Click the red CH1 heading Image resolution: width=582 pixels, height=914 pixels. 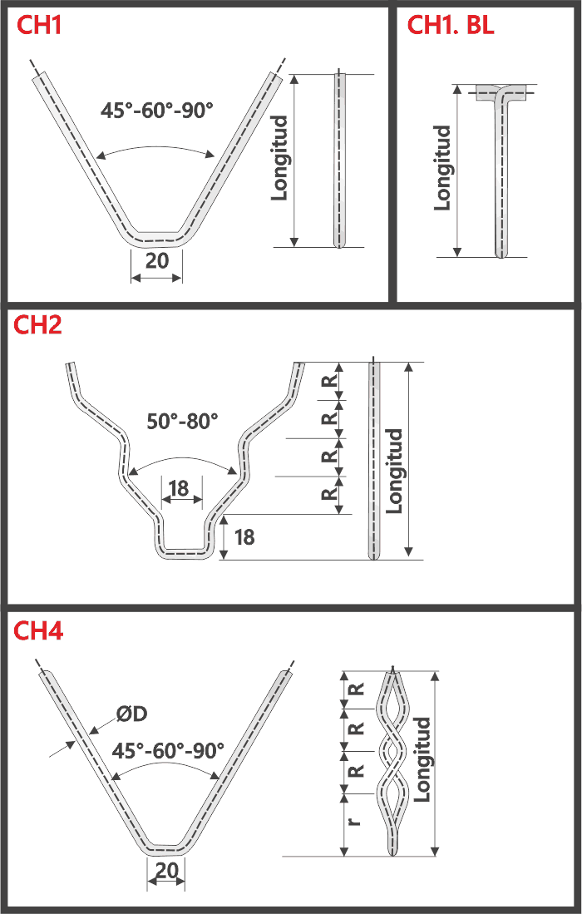(39, 26)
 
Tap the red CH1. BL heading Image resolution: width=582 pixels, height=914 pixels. (451, 26)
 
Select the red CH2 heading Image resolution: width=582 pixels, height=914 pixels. (38, 326)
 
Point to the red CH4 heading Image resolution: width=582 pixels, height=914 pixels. (38, 630)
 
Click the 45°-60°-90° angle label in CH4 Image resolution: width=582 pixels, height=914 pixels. (169, 750)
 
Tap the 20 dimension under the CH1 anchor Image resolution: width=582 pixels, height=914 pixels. (156, 260)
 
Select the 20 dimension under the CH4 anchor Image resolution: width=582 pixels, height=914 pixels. (166, 871)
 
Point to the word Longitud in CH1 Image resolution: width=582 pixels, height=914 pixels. (280, 158)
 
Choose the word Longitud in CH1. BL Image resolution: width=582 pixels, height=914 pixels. (443, 168)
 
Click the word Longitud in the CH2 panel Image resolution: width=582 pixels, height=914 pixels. (394, 471)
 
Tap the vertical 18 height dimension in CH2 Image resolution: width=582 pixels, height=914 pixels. (244, 537)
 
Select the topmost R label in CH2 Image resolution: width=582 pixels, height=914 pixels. (329, 381)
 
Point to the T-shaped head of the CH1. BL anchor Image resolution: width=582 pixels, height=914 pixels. (502, 92)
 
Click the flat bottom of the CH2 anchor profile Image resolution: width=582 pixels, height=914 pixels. (185, 552)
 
